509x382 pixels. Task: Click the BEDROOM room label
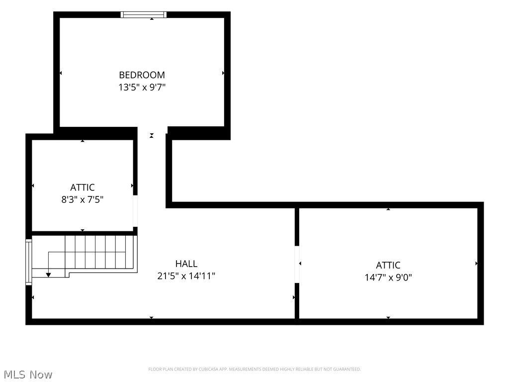tap(142, 75)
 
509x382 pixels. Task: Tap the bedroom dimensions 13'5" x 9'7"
tap(142, 88)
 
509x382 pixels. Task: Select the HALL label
tap(186, 264)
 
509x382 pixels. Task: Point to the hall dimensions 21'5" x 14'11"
tap(186, 276)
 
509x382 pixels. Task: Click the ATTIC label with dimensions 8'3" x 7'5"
tap(83, 188)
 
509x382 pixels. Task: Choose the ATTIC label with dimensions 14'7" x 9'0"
tap(388, 266)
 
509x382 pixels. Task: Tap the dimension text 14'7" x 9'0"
tap(388, 278)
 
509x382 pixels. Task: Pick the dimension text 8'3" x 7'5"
tap(83, 199)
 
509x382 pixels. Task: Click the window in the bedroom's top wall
tap(144, 14)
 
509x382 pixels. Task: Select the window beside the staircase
tap(29, 262)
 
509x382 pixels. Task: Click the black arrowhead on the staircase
tap(48, 275)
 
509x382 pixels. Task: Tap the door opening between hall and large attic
tap(297, 265)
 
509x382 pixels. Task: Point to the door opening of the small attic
tap(135, 211)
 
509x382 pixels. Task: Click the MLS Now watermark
tap(28, 375)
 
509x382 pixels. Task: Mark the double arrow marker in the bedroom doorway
tap(152, 135)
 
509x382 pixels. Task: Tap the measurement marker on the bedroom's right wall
tap(223, 73)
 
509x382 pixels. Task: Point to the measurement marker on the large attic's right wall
tap(476, 264)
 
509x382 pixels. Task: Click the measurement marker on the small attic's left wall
tap(33, 186)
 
